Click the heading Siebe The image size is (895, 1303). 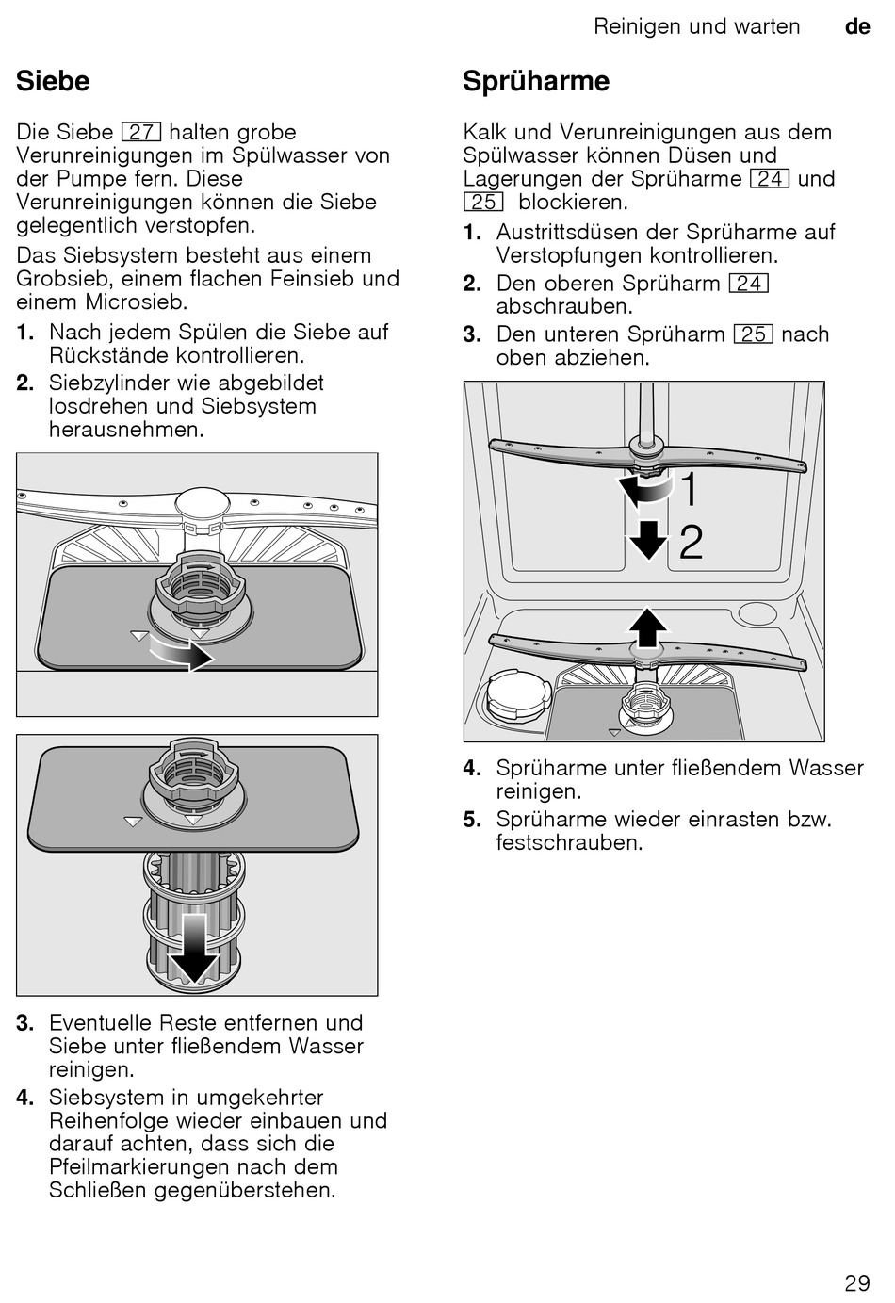53,82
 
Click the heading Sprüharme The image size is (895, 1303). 536,82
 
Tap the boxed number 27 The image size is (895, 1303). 141,133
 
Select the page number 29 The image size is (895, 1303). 856,1282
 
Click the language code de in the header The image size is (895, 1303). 857,27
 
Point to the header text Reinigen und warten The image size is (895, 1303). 696,27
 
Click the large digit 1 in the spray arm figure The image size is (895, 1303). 690,490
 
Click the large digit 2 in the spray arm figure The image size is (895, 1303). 691,543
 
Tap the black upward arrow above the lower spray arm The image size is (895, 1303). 647,627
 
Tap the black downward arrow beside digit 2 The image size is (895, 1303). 648,540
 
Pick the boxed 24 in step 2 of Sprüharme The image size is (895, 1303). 749,284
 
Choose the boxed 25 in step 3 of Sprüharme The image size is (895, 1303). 754,334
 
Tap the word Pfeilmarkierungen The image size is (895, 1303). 138,1167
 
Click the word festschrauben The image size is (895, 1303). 568,843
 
